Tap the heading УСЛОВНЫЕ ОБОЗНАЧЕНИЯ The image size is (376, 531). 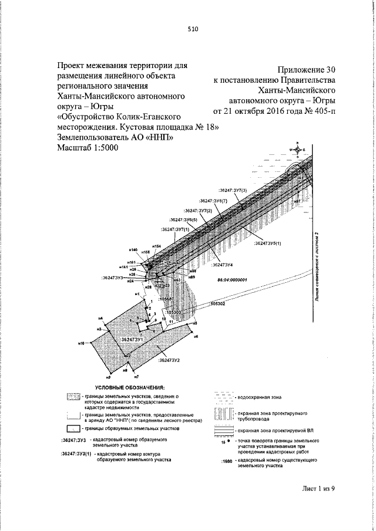pos(131,388)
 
